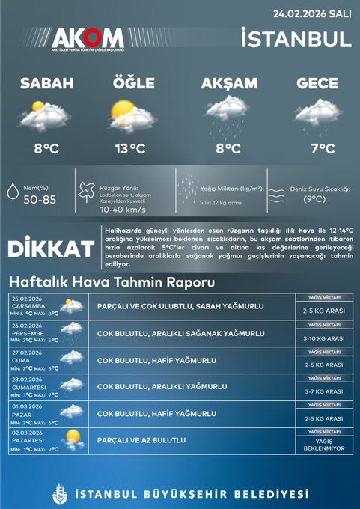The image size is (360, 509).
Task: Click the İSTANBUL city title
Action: tap(296, 38)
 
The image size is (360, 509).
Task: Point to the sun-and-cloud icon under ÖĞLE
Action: tap(129, 115)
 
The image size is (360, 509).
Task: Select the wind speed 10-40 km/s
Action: tap(122, 210)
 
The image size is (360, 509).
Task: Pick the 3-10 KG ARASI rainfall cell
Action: tap(323, 338)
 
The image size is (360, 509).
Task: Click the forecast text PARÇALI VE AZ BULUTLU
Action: tap(141, 440)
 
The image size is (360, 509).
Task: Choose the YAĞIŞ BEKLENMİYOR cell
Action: tap(323, 445)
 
